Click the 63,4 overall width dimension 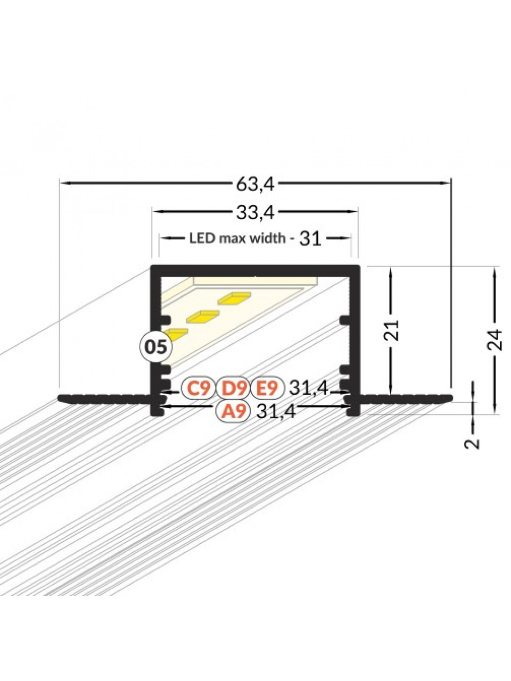(x=255, y=186)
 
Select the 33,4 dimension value (x=255, y=213)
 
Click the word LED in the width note (x=197, y=238)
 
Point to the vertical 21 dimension (x=393, y=329)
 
